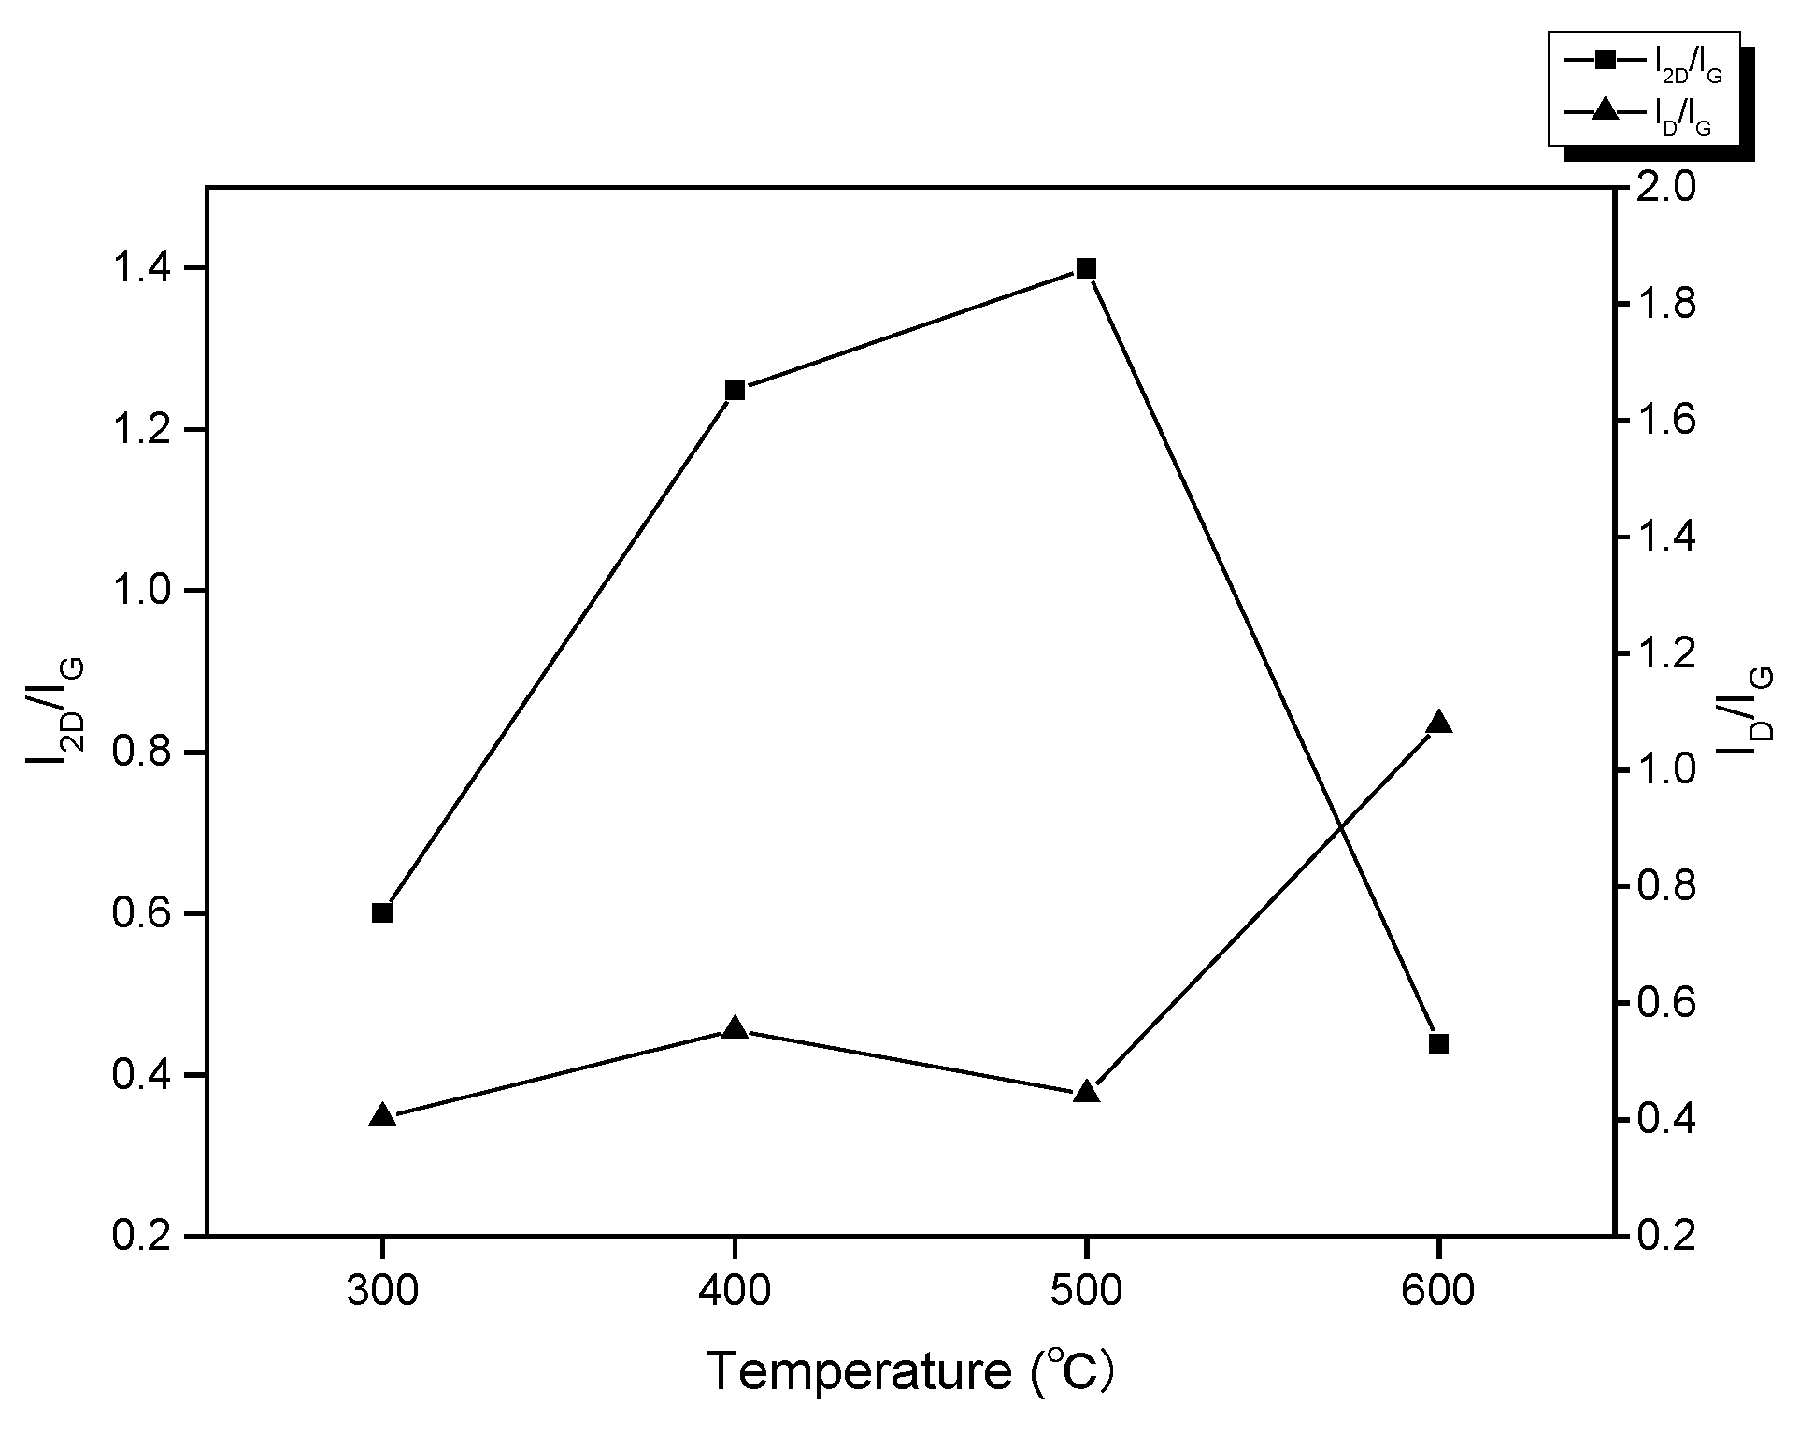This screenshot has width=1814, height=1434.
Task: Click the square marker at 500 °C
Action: (x=1085, y=269)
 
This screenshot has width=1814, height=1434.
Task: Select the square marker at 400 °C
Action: (x=735, y=390)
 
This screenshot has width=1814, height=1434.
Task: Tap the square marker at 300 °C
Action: (x=381, y=912)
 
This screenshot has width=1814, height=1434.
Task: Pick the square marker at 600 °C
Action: (x=1438, y=1043)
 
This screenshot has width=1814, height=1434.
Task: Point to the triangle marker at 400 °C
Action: (x=735, y=1028)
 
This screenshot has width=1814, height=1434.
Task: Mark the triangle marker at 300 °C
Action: (x=381, y=1115)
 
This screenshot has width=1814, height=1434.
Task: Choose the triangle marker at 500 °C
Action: (x=1085, y=1092)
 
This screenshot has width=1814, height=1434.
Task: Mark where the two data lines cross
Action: (x=1340, y=826)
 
